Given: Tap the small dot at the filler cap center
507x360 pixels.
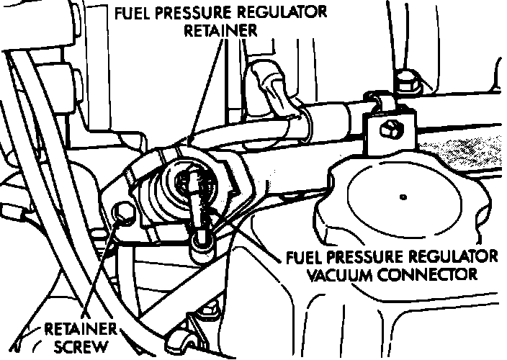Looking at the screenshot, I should pyautogui.click(x=403, y=197).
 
